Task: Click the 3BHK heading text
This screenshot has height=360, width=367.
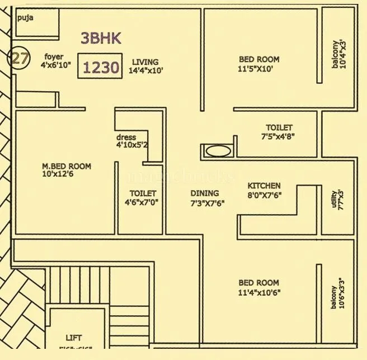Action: coord(101,38)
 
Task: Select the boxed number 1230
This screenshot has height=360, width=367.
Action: coord(101,68)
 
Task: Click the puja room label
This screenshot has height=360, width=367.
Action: coord(25,18)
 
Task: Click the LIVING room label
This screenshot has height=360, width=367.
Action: coord(145,62)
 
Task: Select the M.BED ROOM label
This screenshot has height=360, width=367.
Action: coord(67,166)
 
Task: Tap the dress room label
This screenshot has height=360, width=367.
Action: coord(126,137)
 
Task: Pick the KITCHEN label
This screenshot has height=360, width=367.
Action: coord(264,186)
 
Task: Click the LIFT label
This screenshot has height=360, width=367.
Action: coord(73,338)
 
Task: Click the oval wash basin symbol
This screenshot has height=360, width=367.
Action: coord(217,150)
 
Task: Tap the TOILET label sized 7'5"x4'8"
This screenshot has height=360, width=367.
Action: coord(279,127)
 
